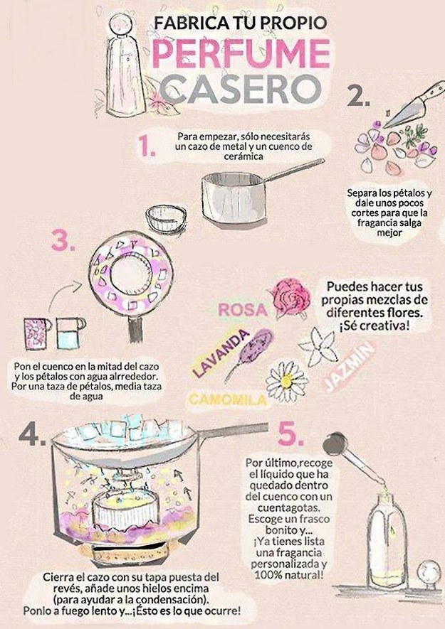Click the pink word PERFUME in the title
tap(241, 53)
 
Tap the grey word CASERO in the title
tap(241, 89)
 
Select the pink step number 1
tap(147, 146)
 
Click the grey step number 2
tap(357, 95)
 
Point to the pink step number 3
tap(63, 241)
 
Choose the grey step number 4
tap(32, 434)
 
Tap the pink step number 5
tap(291, 434)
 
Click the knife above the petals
tap(413, 104)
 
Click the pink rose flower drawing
tap(290, 297)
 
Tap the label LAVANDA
tap(220, 353)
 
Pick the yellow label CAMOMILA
tap(228, 399)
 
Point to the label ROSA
tap(243, 310)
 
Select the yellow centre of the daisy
tap(287, 381)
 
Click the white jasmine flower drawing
tap(319, 347)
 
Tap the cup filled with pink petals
tap(37, 333)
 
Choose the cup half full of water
tap(70, 333)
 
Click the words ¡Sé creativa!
tap(375, 326)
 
